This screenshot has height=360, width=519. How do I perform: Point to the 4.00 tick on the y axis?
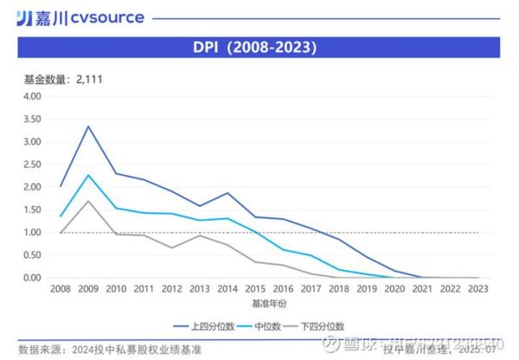click(32, 96)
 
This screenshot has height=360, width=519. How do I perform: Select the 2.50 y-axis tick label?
click(32, 164)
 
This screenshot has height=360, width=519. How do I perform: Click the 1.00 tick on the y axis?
click(32, 233)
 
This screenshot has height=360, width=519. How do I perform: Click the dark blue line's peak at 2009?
click(86, 126)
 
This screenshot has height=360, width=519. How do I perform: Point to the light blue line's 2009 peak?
click(86, 175)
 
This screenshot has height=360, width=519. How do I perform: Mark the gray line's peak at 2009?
click(86, 201)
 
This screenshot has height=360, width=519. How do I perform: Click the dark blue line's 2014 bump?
click(227, 193)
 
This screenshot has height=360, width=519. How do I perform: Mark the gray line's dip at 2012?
click(170, 247)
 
